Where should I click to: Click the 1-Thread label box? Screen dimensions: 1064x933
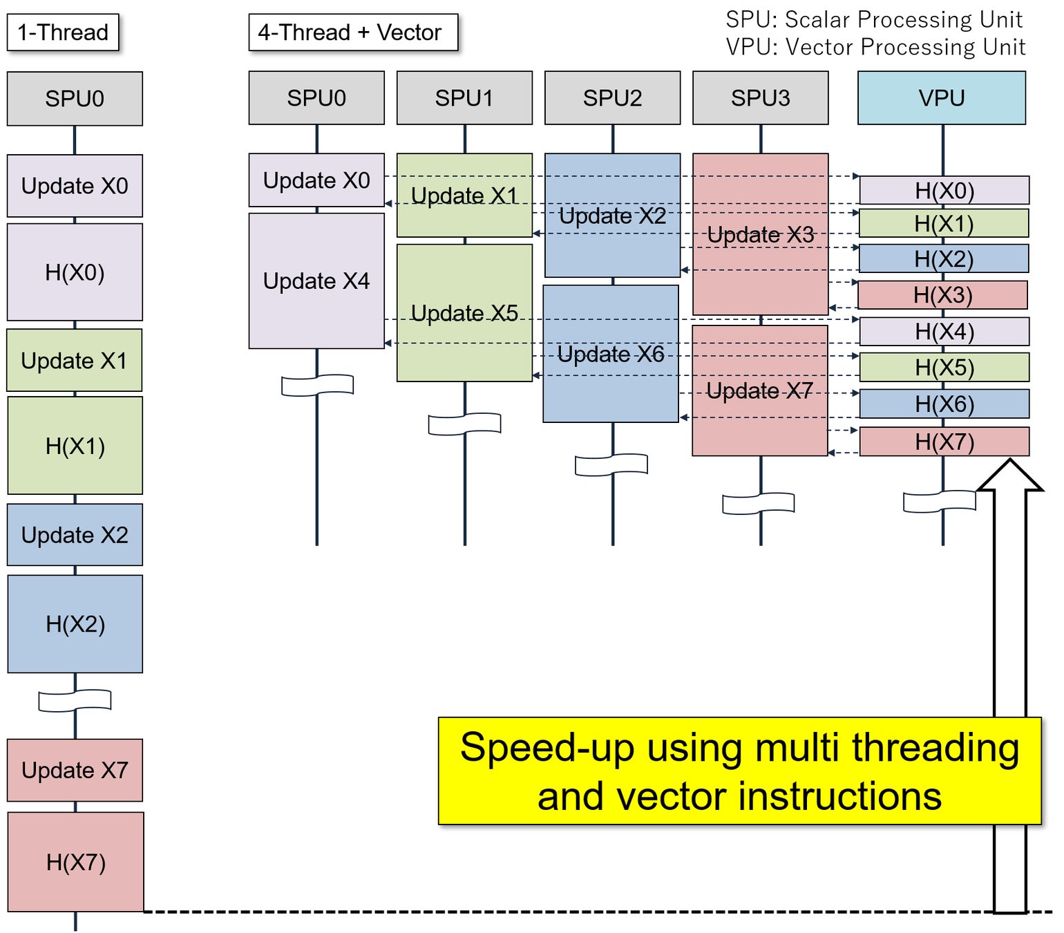tap(62, 32)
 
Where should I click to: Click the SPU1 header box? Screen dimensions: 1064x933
tap(464, 97)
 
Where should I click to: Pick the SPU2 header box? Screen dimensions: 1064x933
tap(611, 97)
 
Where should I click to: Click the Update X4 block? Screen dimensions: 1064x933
tap(316, 281)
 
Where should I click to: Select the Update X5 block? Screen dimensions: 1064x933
tap(464, 312)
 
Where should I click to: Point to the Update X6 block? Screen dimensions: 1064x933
tap(609, 354)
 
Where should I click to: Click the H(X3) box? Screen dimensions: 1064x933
tap(942, 294)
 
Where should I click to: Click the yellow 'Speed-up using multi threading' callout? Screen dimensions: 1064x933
tap(739, 770)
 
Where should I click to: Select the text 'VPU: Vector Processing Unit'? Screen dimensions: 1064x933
tap(875, 47)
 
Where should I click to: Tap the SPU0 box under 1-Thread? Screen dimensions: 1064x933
tap(75, 99)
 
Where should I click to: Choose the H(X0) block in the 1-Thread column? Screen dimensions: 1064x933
tap(75, 272)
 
